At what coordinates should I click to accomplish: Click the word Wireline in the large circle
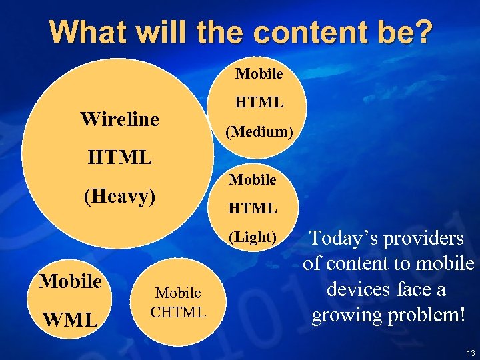[x=119, y=119]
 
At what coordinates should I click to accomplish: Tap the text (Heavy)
[x=119, y=196]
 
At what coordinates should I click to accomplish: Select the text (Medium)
[x=259, y=132]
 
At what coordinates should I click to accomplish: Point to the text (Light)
[x=252, y=237]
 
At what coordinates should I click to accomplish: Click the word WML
[x=70, y=319]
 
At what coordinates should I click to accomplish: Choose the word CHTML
[x=178, y=311]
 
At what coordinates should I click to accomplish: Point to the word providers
[x=429, y=239]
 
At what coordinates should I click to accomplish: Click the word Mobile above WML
[x=70, y=281]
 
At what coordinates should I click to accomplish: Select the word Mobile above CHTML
[x=178, y=293]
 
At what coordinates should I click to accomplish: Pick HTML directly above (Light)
[x=252, y=209]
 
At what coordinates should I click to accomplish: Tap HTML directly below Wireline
[x=119, y=158]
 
